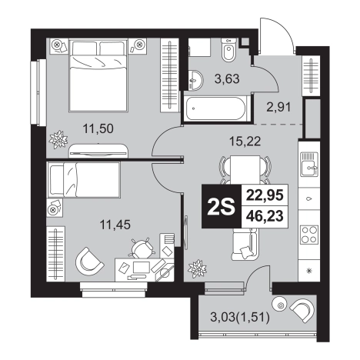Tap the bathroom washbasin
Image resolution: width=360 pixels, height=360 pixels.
click(195, 80)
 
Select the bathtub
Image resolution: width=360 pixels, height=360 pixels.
click(215, 108)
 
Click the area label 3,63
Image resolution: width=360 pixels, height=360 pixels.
click(227, 78)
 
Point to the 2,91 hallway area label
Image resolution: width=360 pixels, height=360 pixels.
click(278, 107)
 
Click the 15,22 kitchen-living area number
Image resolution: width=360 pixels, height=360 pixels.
click(245, 141)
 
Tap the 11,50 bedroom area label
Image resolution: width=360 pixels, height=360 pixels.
click(98, 128)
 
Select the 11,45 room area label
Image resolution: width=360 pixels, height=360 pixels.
click(115, 225)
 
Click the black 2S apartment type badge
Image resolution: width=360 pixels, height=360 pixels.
click(222, 206)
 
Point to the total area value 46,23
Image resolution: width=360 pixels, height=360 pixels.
click(265, 216)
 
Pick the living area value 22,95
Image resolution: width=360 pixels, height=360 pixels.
click(265, 195)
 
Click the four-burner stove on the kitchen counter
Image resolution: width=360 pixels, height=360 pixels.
click(309, 235)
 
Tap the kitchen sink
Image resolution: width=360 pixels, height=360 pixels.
click(309, 164)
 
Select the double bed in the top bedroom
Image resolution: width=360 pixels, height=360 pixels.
click(98, 75)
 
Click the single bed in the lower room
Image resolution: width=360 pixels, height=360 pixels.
click(84, 180)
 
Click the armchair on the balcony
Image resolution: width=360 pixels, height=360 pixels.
click(302, 310)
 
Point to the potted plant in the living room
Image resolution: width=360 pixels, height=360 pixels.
click(197, 269)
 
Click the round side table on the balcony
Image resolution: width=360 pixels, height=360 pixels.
click(280, 305)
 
